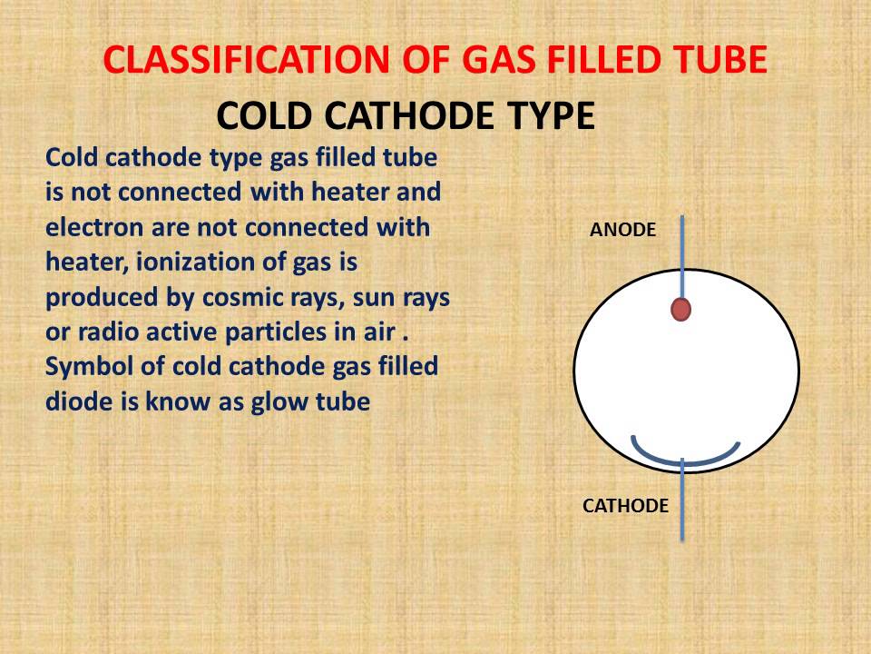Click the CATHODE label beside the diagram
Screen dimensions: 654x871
pyautogui.click(x=625, y=506)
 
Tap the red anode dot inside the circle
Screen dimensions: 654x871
pyautogui.click(x=681, y=310)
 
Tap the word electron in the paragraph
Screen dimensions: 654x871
pyautogui.click(x=87, y=227)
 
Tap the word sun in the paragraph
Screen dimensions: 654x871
pyautogui.click(x=358, y=297)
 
